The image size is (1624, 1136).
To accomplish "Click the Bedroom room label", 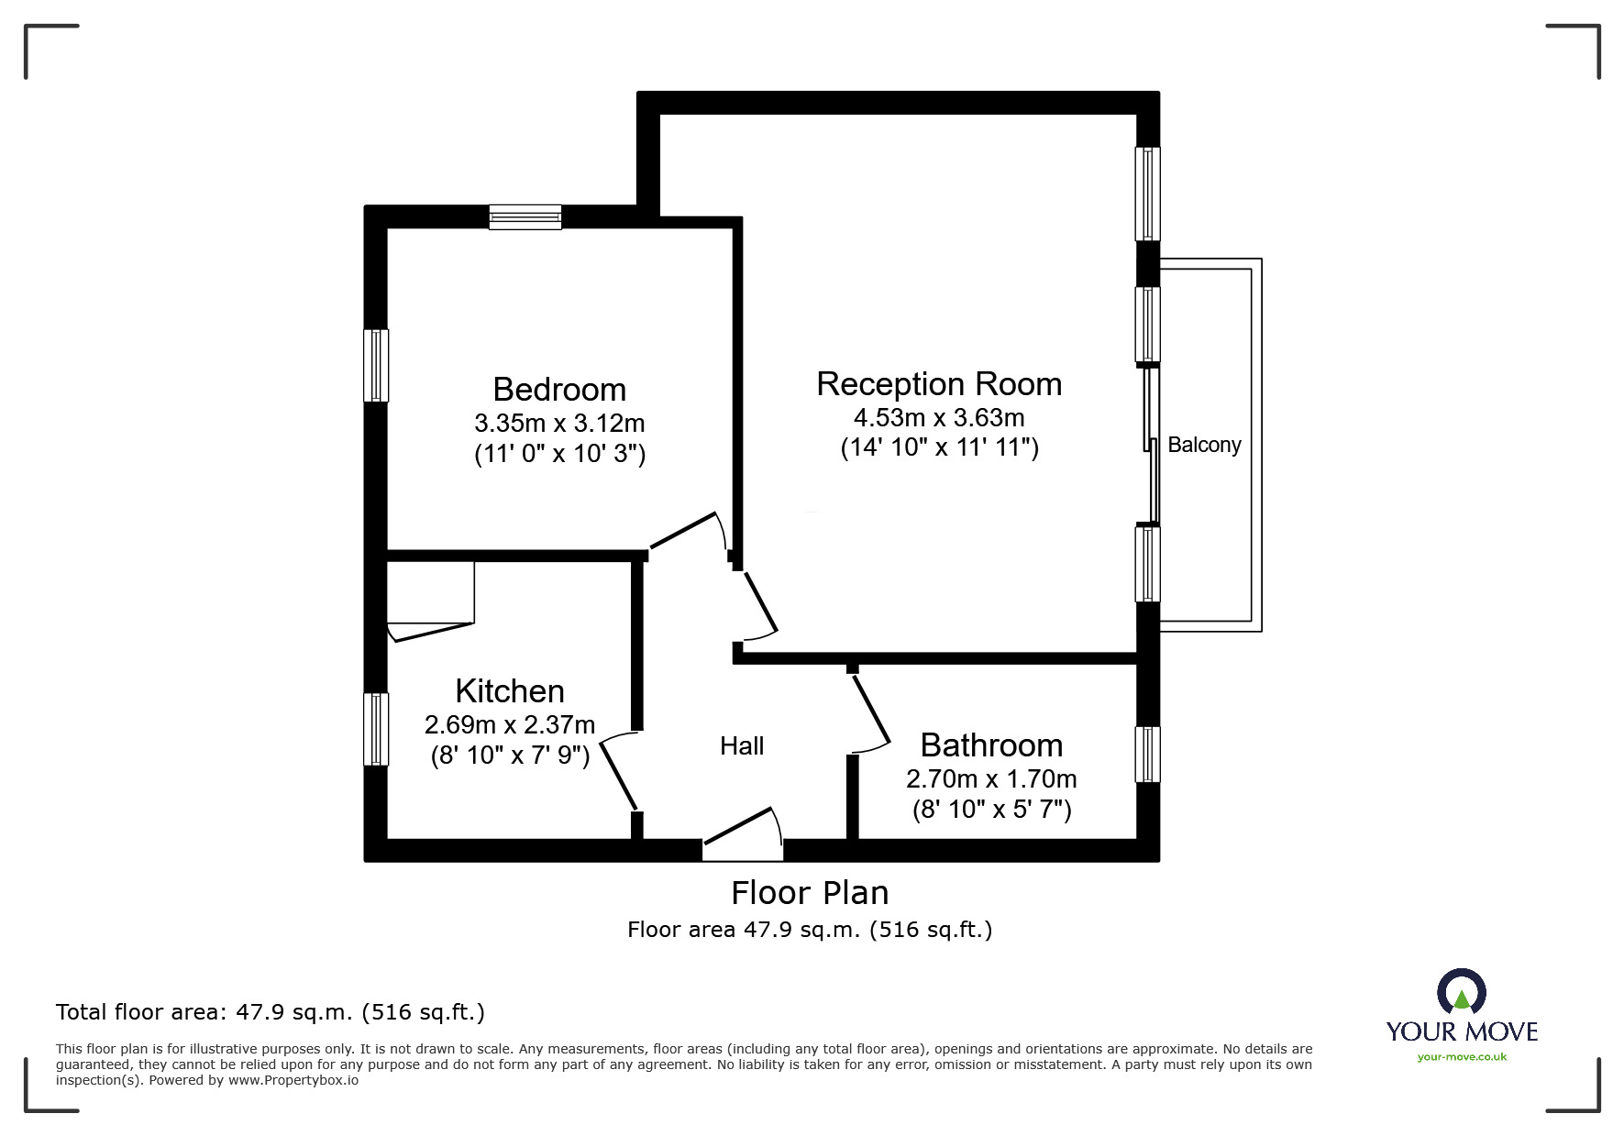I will pos(559,390).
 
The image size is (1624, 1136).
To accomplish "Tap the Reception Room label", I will pos(939,384).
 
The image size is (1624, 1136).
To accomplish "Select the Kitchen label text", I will pos(510,691).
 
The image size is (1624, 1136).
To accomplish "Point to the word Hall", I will pos(742,746).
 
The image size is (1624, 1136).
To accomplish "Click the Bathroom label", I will pos(991,745).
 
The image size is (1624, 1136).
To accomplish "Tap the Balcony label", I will pos(1204,446).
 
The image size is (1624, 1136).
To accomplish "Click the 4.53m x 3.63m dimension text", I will pos(939,418).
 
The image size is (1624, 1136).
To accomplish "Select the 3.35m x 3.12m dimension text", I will pos(559,424).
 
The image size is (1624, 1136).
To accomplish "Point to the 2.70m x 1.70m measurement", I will pos(991,779).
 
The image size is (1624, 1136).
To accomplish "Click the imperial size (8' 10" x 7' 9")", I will pos(510,756).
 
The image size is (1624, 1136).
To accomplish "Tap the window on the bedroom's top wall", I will pos(525,217).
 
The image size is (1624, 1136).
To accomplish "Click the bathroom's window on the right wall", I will pos(1147,755).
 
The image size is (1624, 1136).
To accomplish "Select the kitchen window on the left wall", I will pos(376,729).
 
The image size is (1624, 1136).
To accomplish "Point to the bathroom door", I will pos(869,711).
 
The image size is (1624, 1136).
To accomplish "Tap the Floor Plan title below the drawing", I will pos(810,893).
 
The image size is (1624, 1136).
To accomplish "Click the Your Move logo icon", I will pos(1461,993).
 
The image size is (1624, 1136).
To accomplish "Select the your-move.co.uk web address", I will pos(1462,1057).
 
